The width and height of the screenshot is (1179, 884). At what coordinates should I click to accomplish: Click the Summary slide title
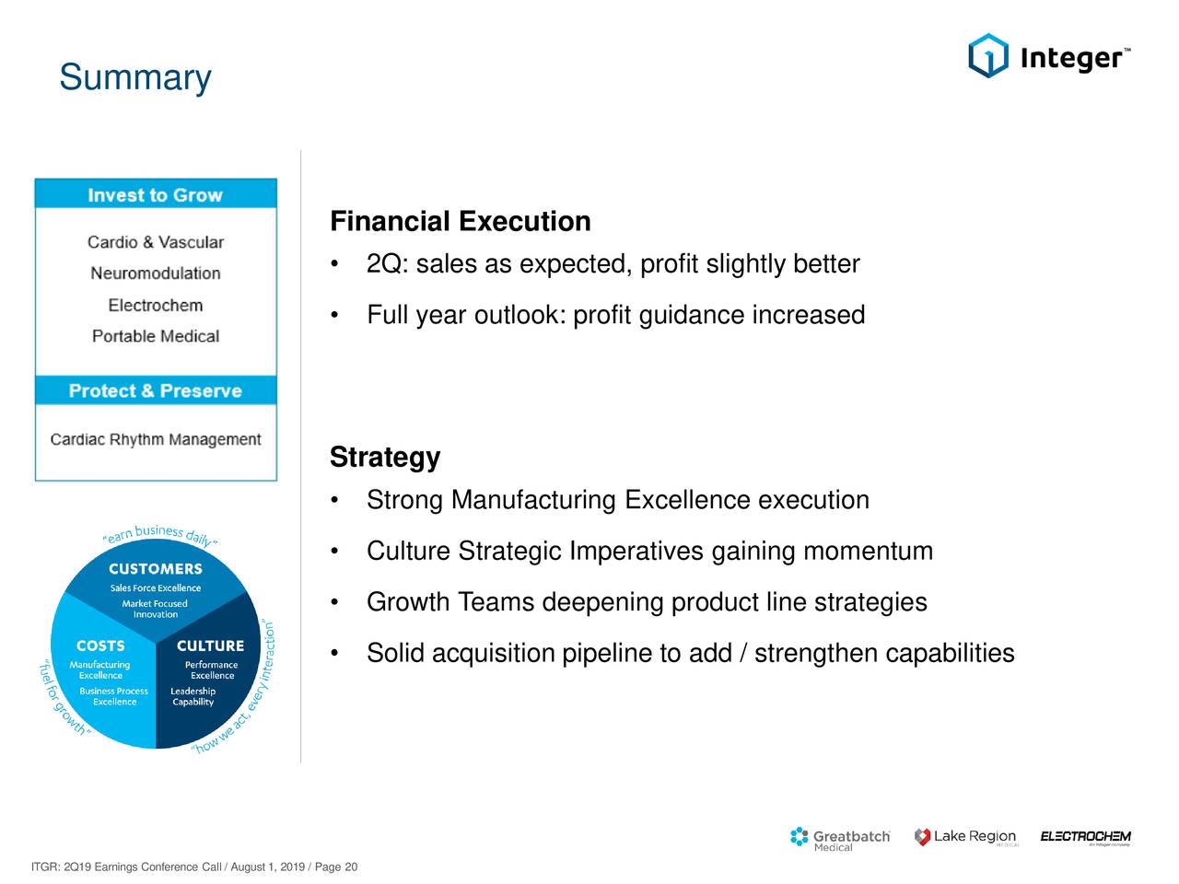pos(134,77)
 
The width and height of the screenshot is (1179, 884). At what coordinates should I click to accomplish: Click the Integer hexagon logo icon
pos(987,56)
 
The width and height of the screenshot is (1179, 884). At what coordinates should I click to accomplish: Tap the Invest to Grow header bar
pos(156,195)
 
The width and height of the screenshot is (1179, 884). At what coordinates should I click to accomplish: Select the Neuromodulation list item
pos(156,273)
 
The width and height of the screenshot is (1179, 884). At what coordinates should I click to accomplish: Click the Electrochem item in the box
pos(156,305)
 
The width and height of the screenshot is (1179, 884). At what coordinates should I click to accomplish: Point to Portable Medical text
pos(156,336)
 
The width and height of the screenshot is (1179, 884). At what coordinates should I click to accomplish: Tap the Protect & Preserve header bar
pos(156,390)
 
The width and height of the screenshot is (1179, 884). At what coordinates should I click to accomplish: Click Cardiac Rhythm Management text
pos(156,440)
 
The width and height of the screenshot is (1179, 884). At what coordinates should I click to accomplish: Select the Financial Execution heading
pos(461,222)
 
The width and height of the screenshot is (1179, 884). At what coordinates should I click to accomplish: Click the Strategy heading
pos(385,458)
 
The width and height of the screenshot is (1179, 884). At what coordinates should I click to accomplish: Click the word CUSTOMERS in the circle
pos(155,569)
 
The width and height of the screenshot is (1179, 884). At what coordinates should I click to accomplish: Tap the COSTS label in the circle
pos(99,646)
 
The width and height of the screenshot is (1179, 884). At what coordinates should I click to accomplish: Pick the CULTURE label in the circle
pos(210,646)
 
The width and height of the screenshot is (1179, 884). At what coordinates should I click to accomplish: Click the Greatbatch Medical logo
pos(840,838)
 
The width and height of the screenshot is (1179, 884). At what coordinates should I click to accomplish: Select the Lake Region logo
pos(965,837)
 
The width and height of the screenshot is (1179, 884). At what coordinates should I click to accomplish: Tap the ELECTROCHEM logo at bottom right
pos(1085,837)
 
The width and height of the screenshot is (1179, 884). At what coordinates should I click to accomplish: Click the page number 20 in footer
pos(351,867)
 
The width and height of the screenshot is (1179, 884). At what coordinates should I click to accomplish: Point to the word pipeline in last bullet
pos(606,654)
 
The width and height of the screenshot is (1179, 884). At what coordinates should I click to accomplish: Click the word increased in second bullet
pos(808,316)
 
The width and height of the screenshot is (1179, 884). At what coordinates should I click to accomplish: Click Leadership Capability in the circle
pos(193,696)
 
